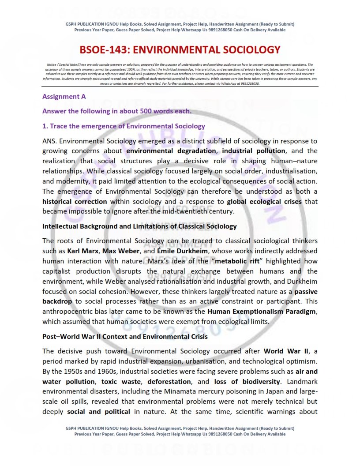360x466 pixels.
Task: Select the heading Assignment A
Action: [64, 96]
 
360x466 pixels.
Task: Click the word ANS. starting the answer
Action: [49, 141]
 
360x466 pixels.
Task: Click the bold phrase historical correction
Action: [75, 201]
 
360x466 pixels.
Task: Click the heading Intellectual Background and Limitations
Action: [139, 226]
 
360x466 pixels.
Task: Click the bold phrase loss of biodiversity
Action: [247, 381]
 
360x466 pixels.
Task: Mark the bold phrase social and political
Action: [98, 412]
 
